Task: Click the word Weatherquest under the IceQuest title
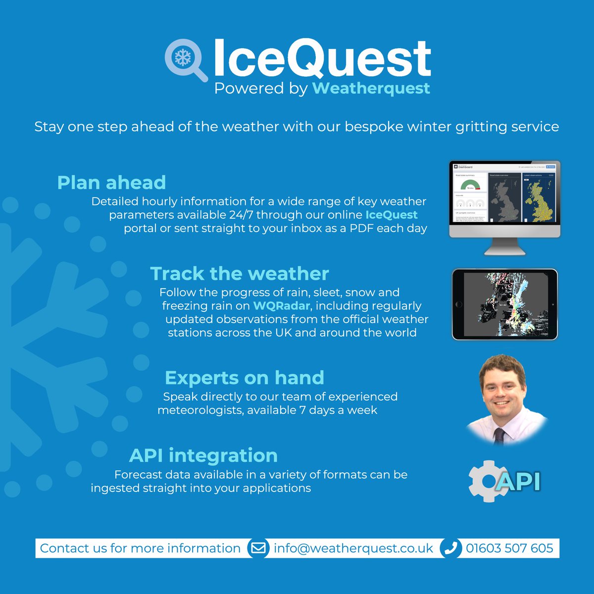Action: coord(371,89)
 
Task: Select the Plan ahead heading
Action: coord(111,183)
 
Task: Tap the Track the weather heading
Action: coord(240,274)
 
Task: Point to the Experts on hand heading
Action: coord(245,378)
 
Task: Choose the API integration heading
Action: coord(203,455)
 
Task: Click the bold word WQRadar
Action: coord(282,306)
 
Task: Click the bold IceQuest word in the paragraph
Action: coord(392,215)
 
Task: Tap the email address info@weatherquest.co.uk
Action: coord(353,548)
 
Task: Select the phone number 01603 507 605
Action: coord(509,548)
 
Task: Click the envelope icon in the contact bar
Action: coord(258,548)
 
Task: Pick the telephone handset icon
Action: coord(450,548)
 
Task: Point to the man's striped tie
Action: coord(499,436)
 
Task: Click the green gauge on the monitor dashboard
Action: coord(470,185)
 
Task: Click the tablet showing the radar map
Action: coord(504,304)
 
